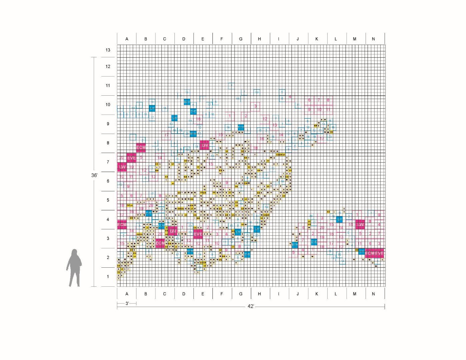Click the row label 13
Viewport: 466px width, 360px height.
[108, 50]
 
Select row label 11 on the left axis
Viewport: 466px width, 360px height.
[108, 86]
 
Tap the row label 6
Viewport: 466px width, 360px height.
[108, 181]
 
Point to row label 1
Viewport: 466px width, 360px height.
[108, 277]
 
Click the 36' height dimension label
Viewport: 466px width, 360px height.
[94, 175]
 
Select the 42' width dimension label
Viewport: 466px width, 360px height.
[251, 306]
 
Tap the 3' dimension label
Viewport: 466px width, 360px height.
[127, 304]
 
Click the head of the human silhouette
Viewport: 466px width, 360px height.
[74, 253]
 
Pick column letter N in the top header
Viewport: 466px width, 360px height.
[373, 39]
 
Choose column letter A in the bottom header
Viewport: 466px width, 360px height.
[127, 294]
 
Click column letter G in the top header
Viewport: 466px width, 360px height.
[241, 39]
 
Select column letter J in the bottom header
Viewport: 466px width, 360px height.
[298, 294]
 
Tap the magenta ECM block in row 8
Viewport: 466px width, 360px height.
[141, 147]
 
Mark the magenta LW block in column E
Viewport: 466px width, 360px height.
[204, 145]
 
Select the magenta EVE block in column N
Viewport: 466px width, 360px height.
[379, 254]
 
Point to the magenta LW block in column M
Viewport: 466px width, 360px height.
[360, 225]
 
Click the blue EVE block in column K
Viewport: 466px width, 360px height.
[314, 242]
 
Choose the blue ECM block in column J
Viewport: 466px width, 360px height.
[295, 245]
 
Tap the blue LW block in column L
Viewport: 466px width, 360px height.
[340, 219]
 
